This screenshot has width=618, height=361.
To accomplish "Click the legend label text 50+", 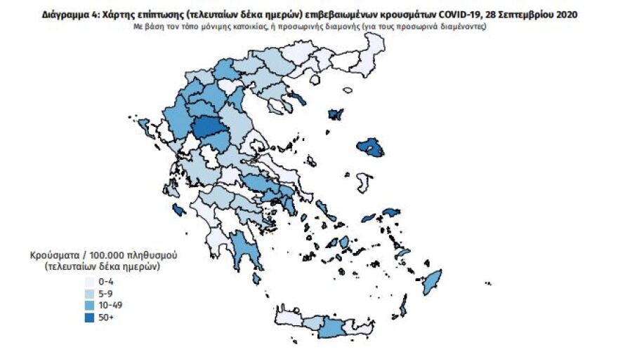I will point(104,318).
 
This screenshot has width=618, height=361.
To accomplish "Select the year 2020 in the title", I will point(566,14).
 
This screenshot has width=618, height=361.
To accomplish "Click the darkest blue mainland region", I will point(207,129).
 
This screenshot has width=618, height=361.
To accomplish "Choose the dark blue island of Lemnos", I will point(336,113).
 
